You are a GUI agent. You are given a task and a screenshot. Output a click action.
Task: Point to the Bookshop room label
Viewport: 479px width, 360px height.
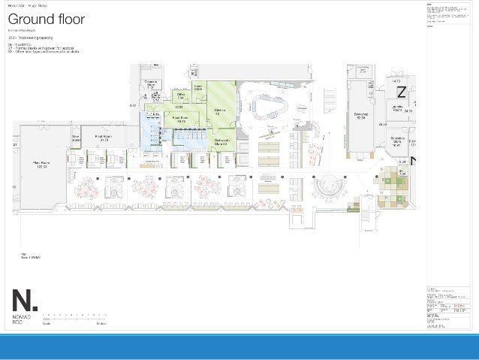pos(360,116)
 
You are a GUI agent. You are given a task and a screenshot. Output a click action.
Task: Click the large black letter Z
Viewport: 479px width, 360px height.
pos(402,92)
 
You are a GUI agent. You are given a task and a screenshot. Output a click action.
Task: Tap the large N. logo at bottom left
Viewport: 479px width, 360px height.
pos(23,300)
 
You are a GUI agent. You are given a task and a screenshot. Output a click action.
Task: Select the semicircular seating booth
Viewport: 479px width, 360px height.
pos(329,188)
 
